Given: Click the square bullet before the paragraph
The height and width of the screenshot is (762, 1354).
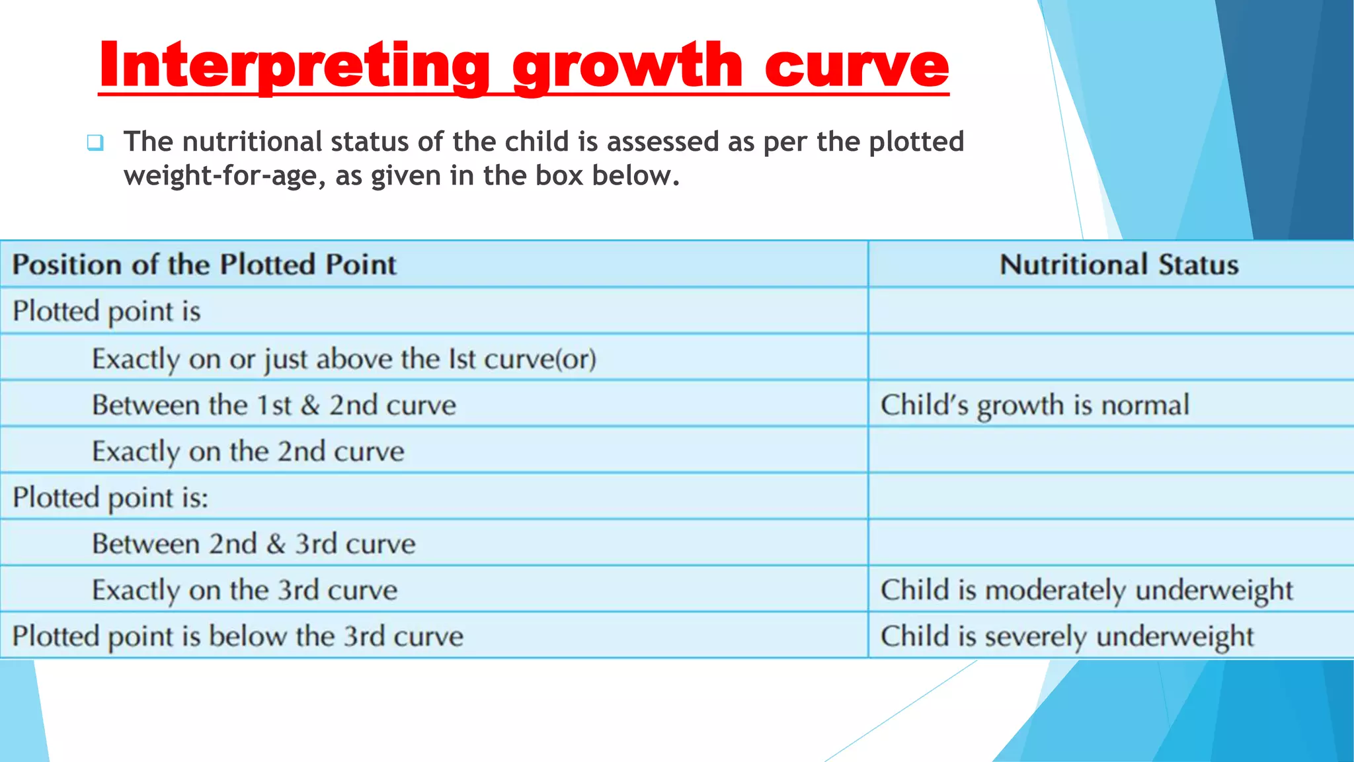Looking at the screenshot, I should (x=95, y=142).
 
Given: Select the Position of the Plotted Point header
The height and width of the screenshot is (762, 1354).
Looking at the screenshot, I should (x=204, y=265).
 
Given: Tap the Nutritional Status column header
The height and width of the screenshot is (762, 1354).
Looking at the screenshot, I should (x=1119, y=265).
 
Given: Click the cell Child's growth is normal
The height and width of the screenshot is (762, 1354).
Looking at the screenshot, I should (x=1035, y=405).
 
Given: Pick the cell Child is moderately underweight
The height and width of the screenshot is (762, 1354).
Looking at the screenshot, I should (x=1086, y=589).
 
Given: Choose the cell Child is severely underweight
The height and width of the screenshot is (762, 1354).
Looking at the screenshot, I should (x=1066, y=636).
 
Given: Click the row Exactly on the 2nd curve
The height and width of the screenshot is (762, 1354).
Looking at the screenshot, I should (x=248, y=452).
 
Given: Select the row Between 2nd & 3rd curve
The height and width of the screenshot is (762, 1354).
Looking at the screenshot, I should (x=254, y=544).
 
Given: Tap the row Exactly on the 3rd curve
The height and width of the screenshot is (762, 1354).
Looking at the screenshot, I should (x=245, y=590).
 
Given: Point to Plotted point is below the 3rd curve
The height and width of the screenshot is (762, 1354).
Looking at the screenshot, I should (x=238, y=636).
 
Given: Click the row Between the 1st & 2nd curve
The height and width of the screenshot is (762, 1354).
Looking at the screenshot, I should (x=274, y=405).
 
